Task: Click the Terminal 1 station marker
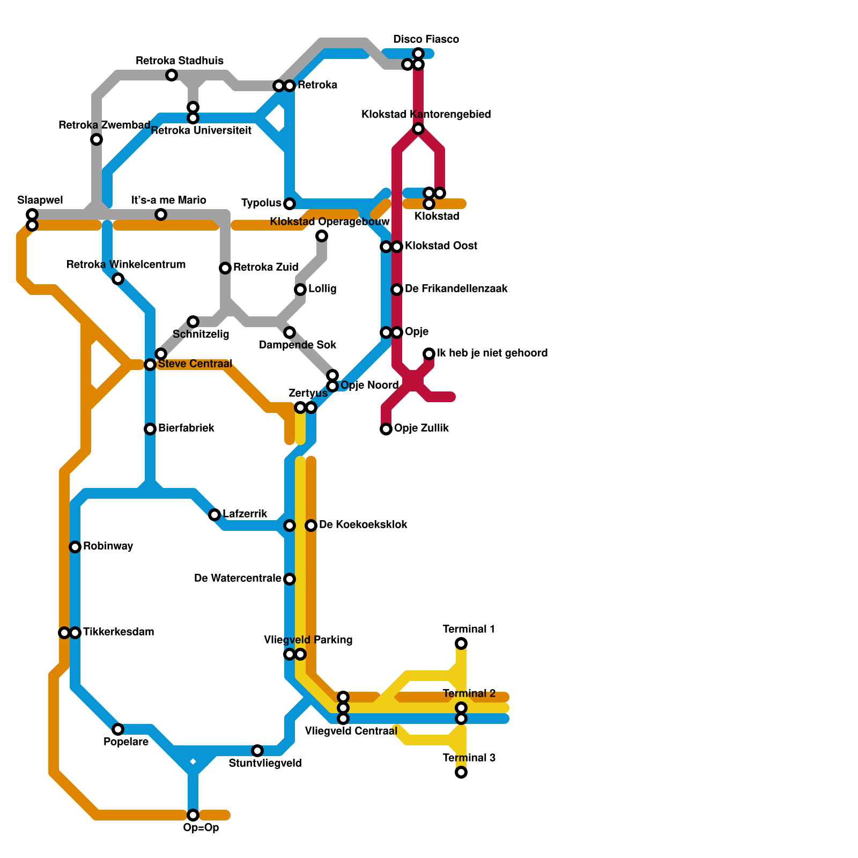tap(461, 643)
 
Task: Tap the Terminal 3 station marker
tap(461, 772)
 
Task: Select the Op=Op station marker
tap(193, 815)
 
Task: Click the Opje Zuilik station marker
tap(386, 429)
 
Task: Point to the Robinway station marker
tap(75, 547)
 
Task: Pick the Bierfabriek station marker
tap(150, 429)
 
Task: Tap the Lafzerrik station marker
tap(214, 515)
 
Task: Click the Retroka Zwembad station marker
tap(97, 139)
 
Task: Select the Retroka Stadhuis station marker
tap(172, 75)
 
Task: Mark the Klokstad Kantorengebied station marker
tap(418, 129)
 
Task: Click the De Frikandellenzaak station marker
tap(397, 290)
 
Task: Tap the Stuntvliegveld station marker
tap(257, 751)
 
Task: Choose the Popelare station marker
tap(118, 729)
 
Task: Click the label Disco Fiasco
tap(426, 40)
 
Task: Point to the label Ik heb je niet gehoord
tap(492, 353)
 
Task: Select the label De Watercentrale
tap(238, 579)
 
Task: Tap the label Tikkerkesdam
tap(119, 632)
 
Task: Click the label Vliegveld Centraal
tap(351, 731)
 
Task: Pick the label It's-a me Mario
tap(169, 201)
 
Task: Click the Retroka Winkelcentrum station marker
tap(118, 279)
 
